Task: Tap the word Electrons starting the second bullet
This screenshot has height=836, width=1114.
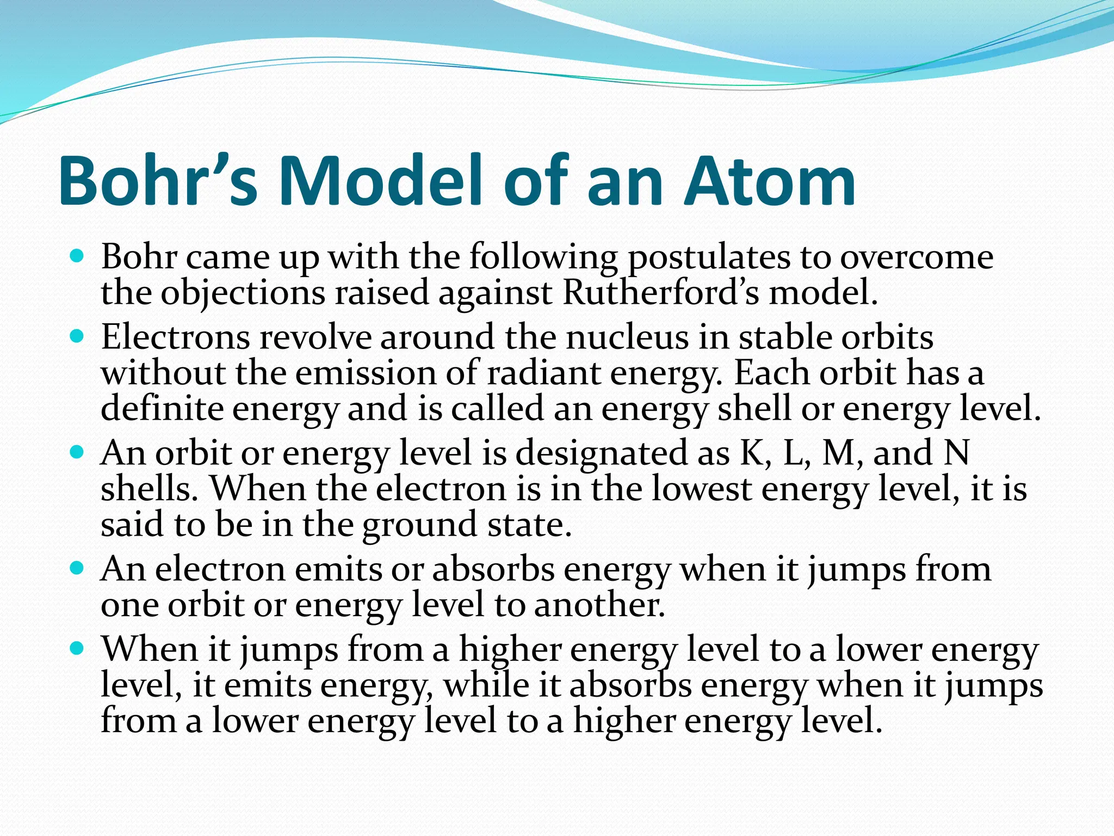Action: point(175,337)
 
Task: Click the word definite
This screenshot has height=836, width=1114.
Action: point(162,409)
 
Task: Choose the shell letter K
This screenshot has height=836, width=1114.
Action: point(752,453)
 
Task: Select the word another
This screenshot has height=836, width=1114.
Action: point(599,605)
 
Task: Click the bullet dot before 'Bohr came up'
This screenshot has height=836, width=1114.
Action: point(77,255)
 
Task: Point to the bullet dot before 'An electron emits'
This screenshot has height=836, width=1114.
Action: point(77,568)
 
